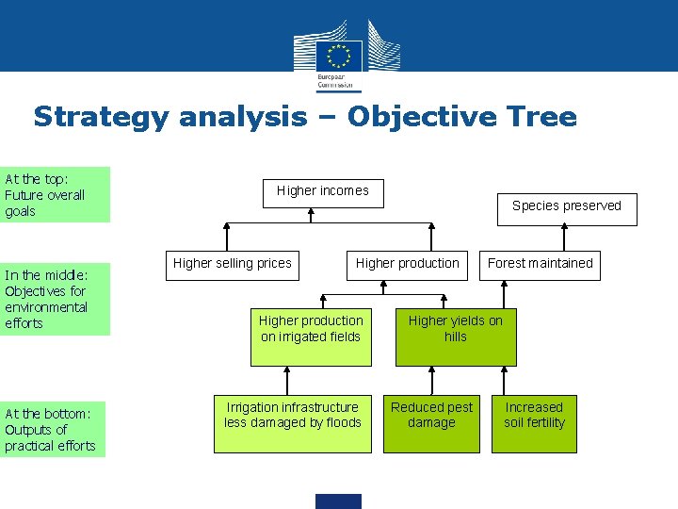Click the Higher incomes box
point(322,191)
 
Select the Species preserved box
point(567,206)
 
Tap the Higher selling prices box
point(233,263)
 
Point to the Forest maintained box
point(540,263)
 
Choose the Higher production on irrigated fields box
point(311,336)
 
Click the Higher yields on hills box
point(456,336)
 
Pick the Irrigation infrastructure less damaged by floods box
point(293,422)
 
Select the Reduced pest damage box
point(431,422)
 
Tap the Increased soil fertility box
point(534,422)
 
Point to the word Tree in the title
point(541,117)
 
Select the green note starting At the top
point(56,195)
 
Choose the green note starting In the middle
point(56,299)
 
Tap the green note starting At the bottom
point(53,430)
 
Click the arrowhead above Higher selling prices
point(226,227)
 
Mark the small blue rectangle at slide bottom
point(338,501)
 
